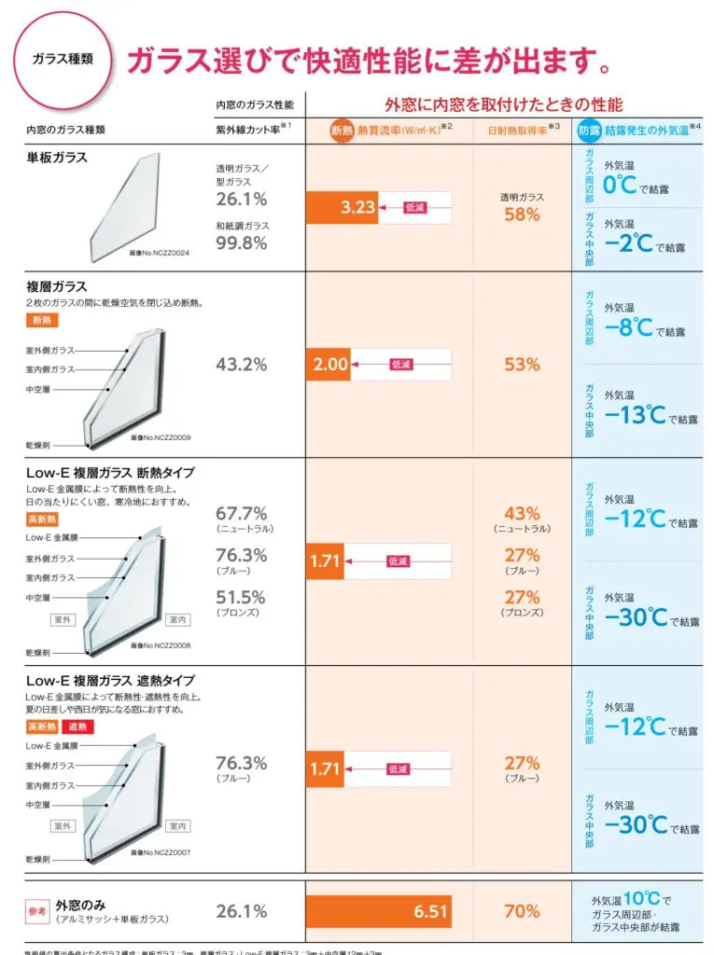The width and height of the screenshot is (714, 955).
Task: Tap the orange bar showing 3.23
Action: point(342,207)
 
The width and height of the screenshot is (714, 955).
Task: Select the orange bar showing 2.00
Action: point(329,365)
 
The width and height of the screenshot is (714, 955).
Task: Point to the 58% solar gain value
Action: point(522,215)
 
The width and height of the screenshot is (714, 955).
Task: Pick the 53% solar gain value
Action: point(522,365)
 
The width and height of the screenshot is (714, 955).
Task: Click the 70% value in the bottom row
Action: point(522,911)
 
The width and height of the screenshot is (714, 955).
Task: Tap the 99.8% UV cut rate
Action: point(242,243)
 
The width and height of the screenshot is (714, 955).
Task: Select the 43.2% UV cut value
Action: point(242,365)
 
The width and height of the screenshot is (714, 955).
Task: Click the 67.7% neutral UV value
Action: point(242,513)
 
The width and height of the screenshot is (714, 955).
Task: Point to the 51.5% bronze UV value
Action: point(242,597)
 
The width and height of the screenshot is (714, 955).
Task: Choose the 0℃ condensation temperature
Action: point(621,185)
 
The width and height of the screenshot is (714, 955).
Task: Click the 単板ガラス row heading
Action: point(57,158)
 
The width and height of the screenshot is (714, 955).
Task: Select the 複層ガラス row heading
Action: point(57,286)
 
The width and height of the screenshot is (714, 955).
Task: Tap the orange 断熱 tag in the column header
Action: point(343,131)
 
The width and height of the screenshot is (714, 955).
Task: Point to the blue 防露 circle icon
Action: point(589,131)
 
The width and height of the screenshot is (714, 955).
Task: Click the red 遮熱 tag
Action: point(77,727)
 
